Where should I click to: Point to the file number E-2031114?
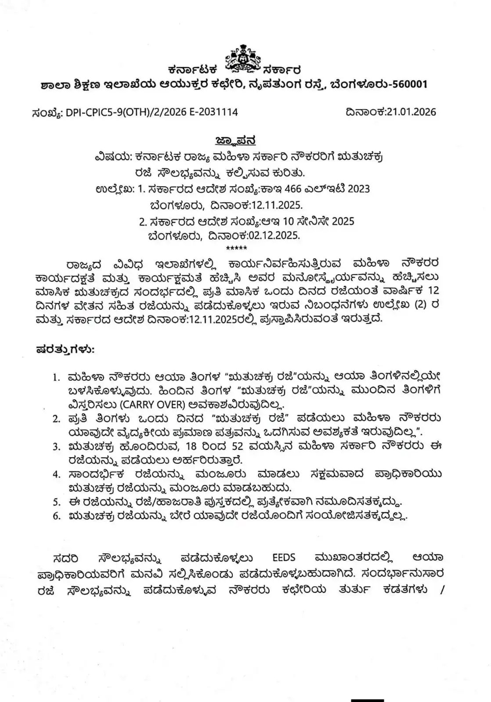click(x=213, y=112)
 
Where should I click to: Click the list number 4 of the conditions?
click(x=56, y=474)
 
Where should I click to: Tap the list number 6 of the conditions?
click(x=56, y=516)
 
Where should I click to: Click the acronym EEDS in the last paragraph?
click(x=284, y=558)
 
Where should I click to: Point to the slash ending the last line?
click(x=441, y=590)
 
